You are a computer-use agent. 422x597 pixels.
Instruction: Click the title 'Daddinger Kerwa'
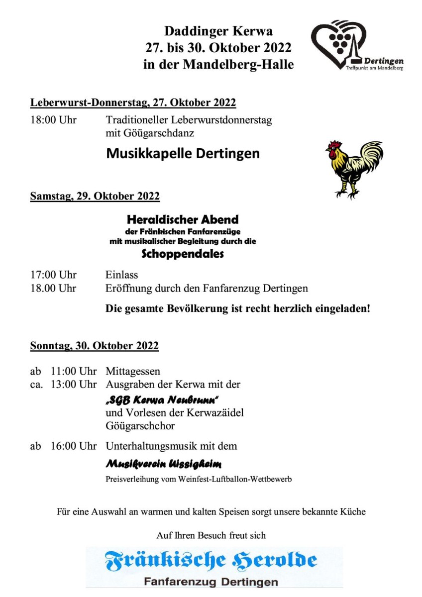(x=218, y=31)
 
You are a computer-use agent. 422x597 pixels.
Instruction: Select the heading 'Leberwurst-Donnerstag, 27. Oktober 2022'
(x=133, y=103)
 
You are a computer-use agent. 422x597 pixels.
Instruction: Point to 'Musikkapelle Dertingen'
(x=183, y=153)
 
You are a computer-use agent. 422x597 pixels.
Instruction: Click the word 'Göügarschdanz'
(x=150, y=133)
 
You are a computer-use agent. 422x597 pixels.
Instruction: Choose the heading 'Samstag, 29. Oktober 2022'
(x=95, y=196)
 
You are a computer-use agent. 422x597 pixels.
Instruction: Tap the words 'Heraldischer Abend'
(x=183, y=219)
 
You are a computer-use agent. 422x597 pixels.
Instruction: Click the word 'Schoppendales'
(x=183, y=254)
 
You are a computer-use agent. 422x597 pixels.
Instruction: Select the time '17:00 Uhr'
(x=53, y=275)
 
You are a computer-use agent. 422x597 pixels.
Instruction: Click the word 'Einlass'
(x=121, y=275)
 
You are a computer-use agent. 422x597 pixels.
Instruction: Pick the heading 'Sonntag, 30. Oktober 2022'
(x=95, y=346)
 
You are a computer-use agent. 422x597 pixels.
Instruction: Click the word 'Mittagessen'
(x=133, y=371)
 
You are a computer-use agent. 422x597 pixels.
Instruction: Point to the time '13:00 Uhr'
(x=74, y=384)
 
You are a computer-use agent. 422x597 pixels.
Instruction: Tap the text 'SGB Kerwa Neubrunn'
(x=163, y=400)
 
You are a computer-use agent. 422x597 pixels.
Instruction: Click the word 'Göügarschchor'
(x=140, y=426)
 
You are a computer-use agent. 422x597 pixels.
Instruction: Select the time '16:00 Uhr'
(x=74, y=446)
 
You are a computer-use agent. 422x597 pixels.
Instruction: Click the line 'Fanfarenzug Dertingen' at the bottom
(x=211, y=582)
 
